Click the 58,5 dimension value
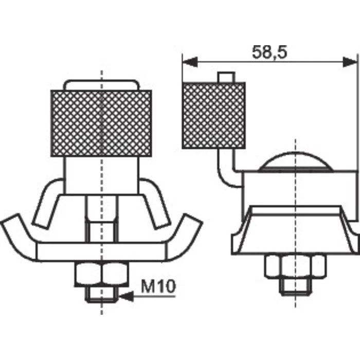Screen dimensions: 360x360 [x=269, y=52]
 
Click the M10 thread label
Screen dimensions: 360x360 [x=158, y=286]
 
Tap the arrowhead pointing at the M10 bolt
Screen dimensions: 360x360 [x=126, y=296]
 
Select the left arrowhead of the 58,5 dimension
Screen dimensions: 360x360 [x=190, y=62]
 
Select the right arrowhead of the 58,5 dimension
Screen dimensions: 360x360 [x=350, y=62]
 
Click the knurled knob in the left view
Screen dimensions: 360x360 [x=101, y=123]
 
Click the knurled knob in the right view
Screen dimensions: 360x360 [x=214, y=116]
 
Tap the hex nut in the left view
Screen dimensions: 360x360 [x=102, y=274]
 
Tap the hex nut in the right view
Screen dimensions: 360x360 [x=295, y=266]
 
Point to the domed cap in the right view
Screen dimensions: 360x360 [x=296, y=162]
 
